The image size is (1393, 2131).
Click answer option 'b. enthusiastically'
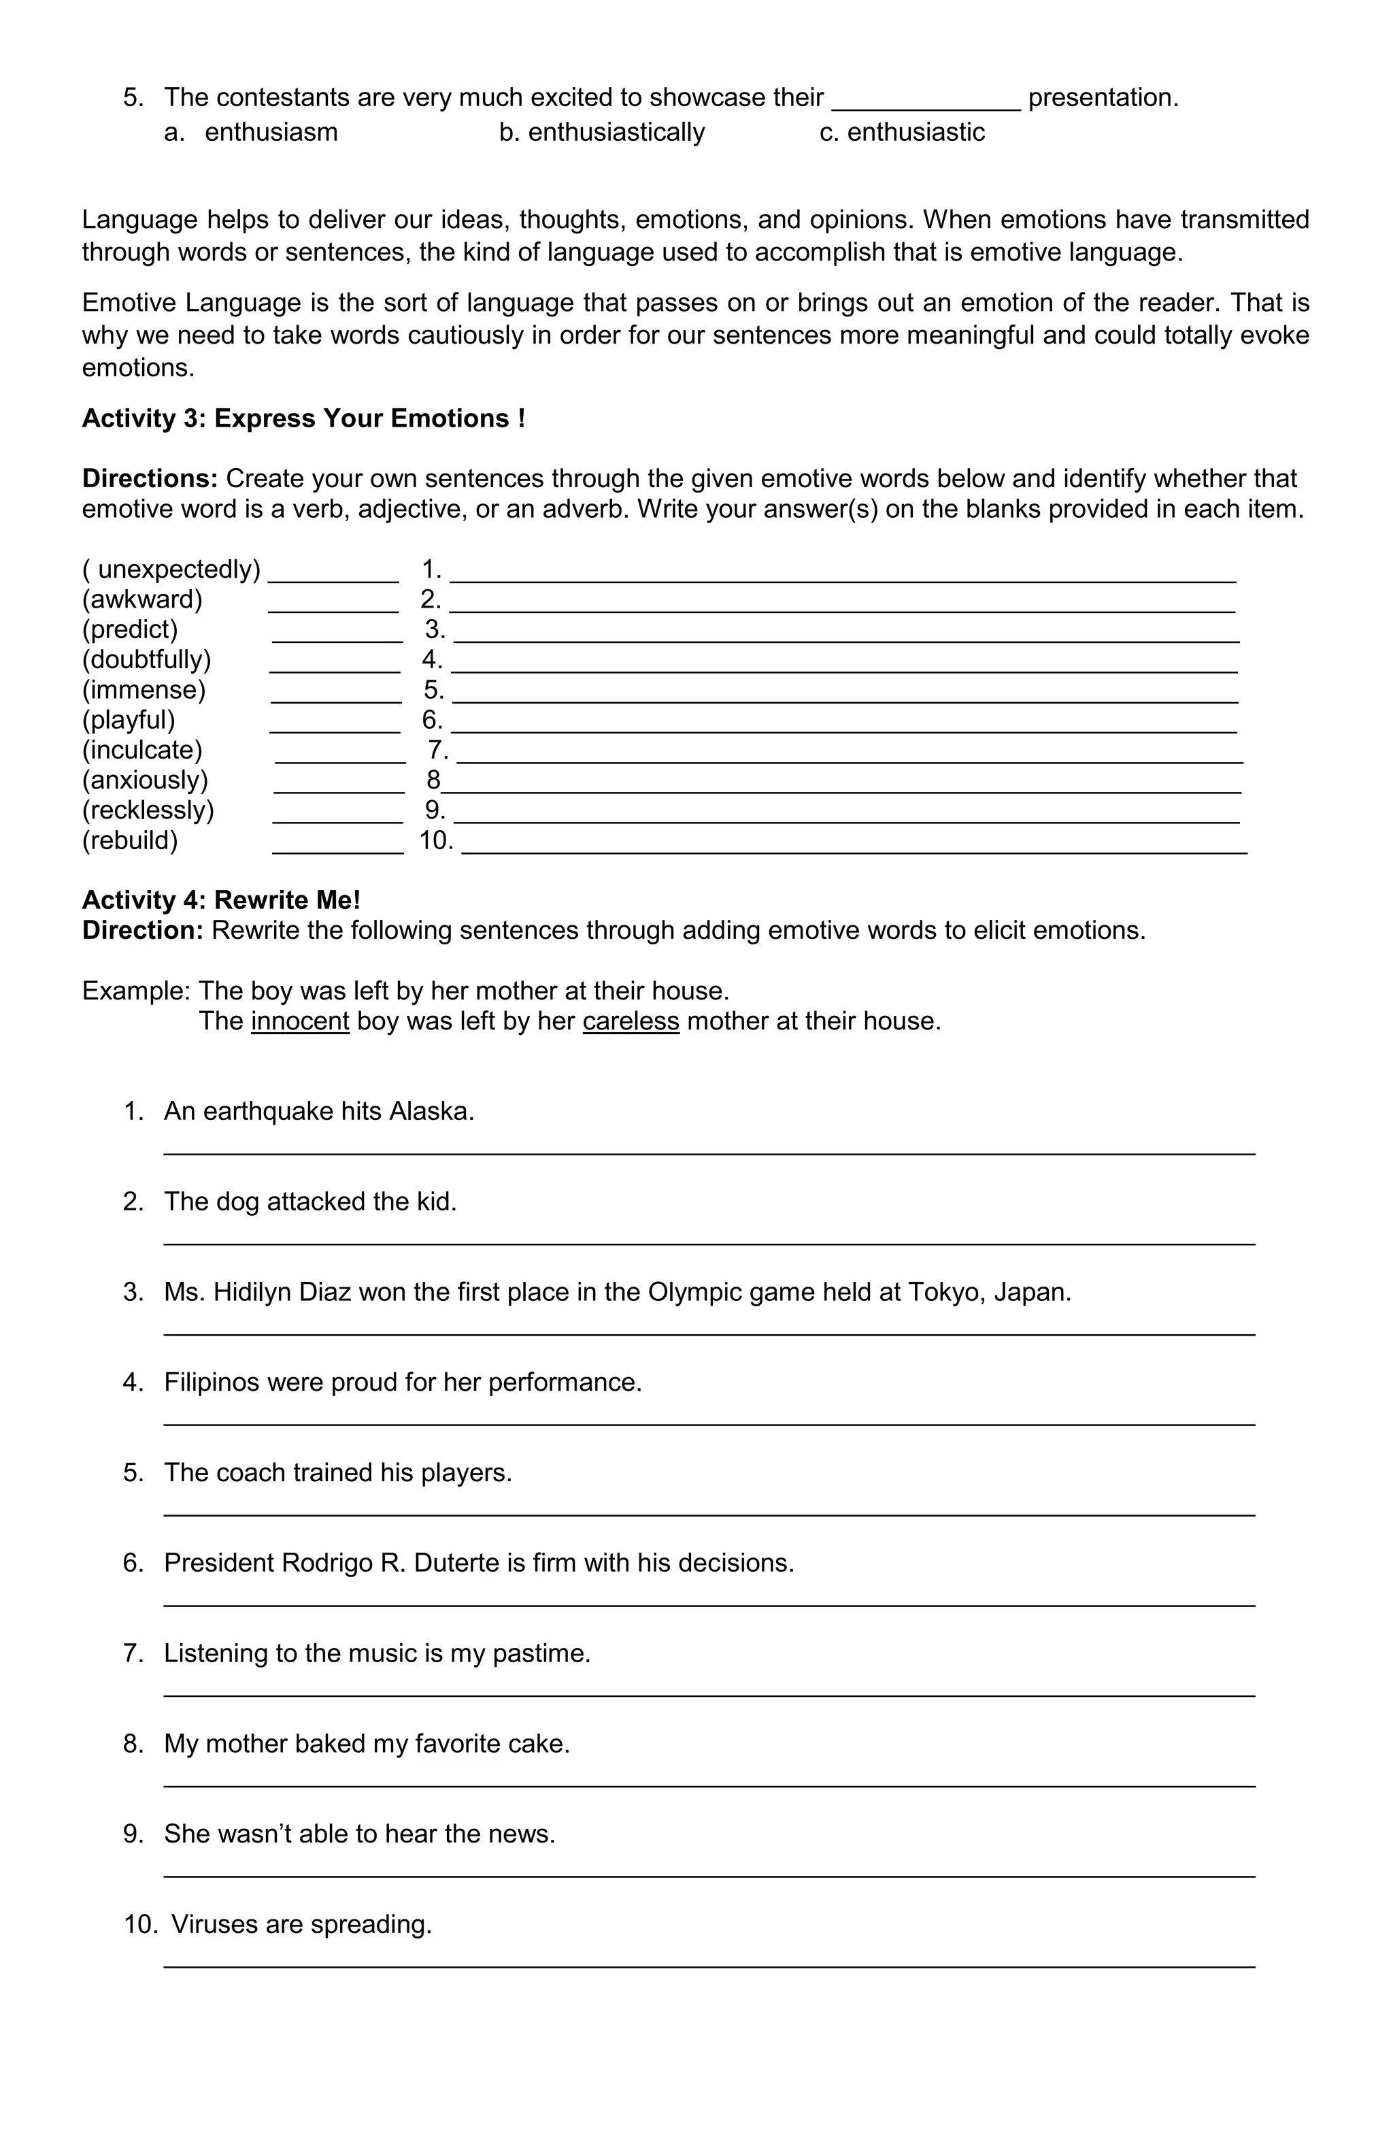(601, 133)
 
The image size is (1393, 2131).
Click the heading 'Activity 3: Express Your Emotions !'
(303, 419)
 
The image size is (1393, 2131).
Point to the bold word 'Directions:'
(150, 479)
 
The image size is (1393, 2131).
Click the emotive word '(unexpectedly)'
(172, 569)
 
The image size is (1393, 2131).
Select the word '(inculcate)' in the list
(142, 750)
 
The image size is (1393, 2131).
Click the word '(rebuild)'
(130, 841)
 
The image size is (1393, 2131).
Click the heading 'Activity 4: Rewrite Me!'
(221, 901)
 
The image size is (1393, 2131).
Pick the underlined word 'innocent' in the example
(300, 1022)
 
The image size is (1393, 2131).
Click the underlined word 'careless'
(631, 1022)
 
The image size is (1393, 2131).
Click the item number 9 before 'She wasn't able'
(133, 1834)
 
